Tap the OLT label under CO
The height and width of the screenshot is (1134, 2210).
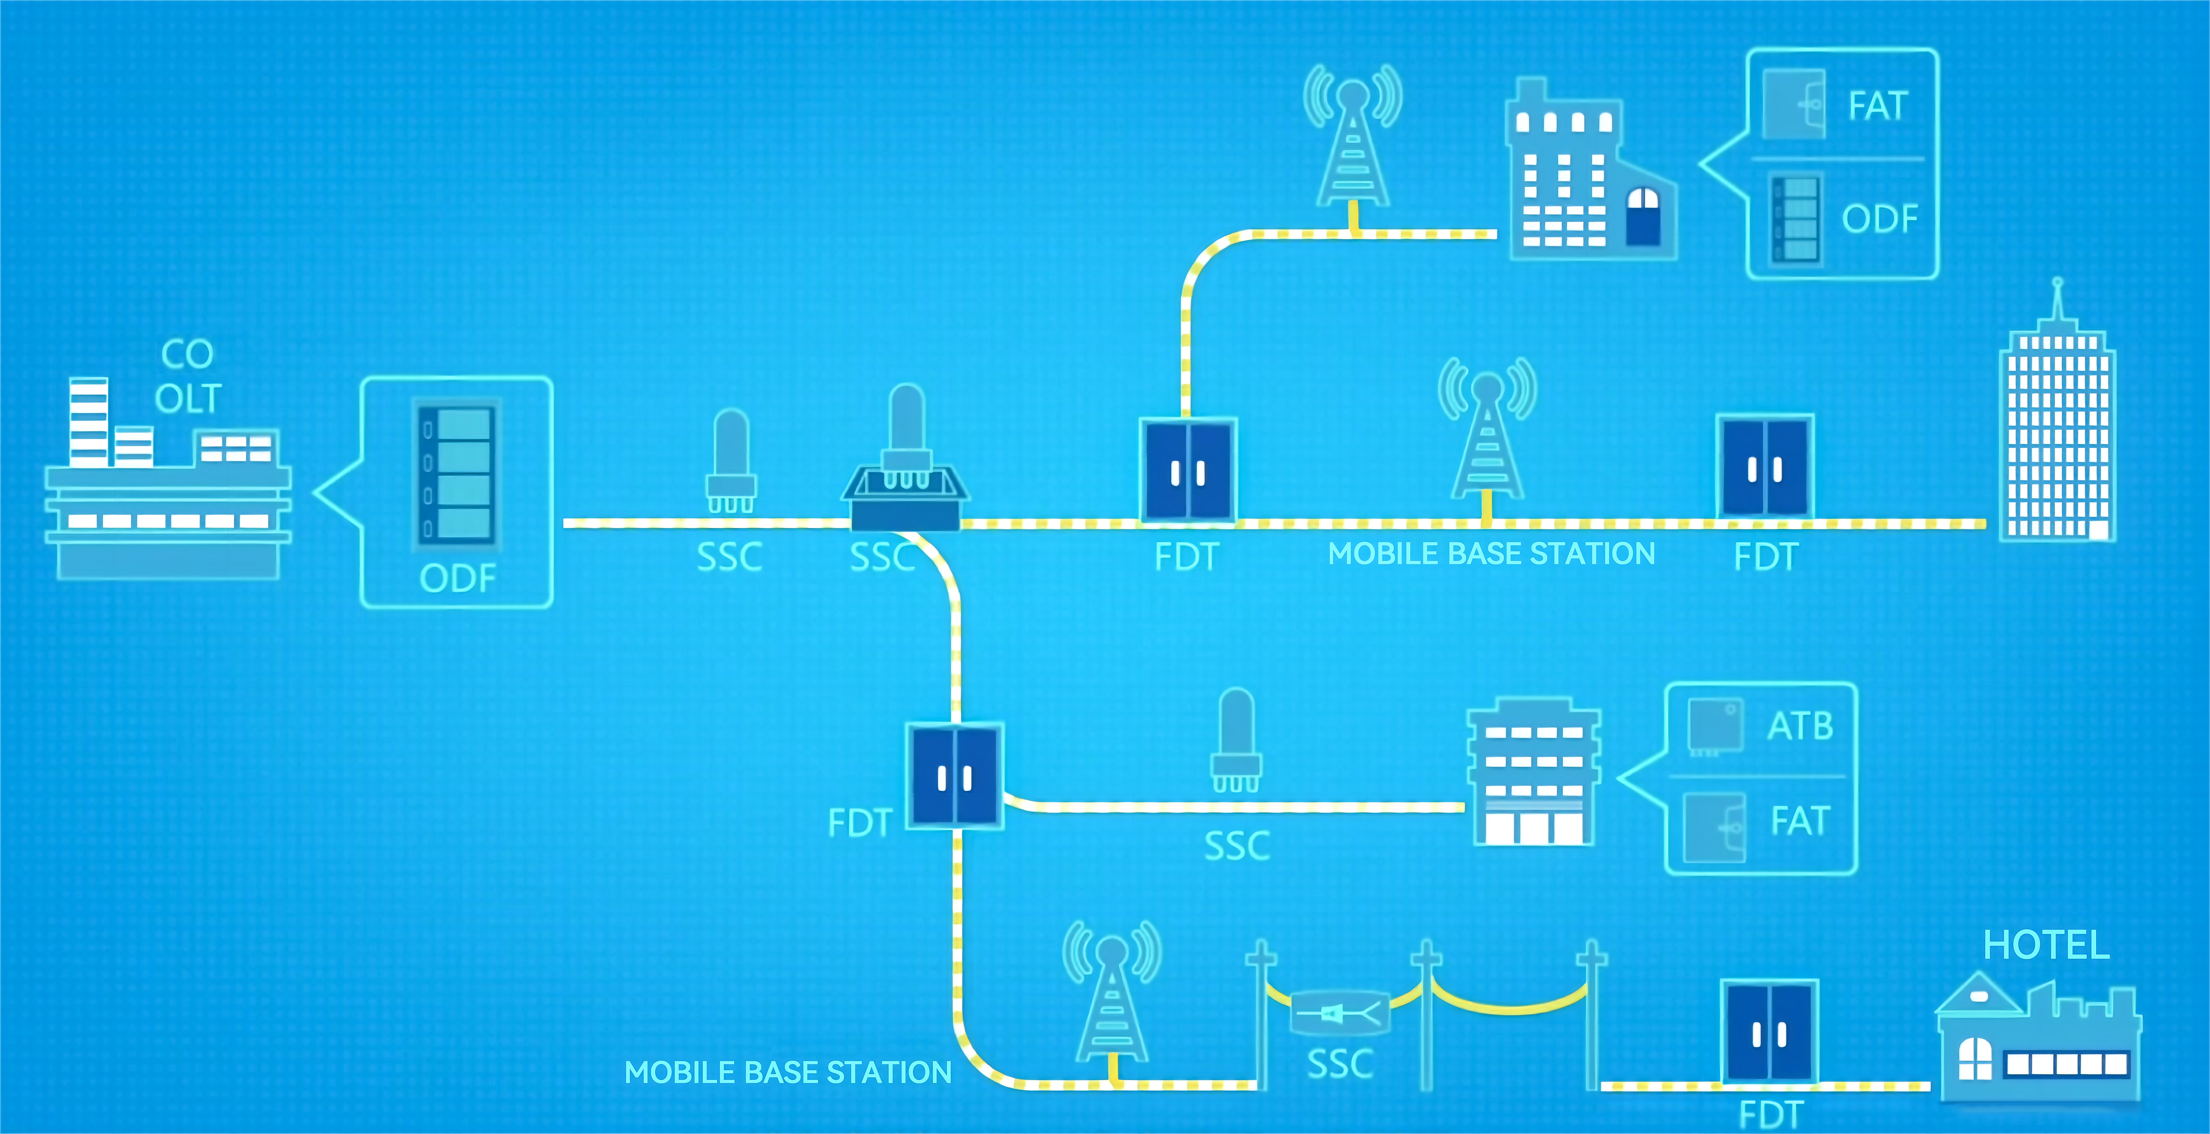188,399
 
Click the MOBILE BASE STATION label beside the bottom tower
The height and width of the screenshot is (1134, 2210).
788,1072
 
